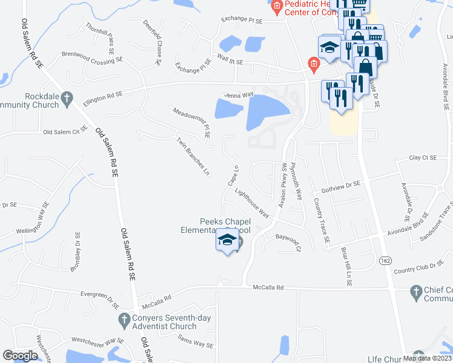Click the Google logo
[x=21, y=356]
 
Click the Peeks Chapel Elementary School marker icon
[x=227, y=241]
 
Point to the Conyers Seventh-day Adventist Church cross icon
[x=123, y=318]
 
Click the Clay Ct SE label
[x=423, y=157]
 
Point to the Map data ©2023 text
[x=428, y=358]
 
